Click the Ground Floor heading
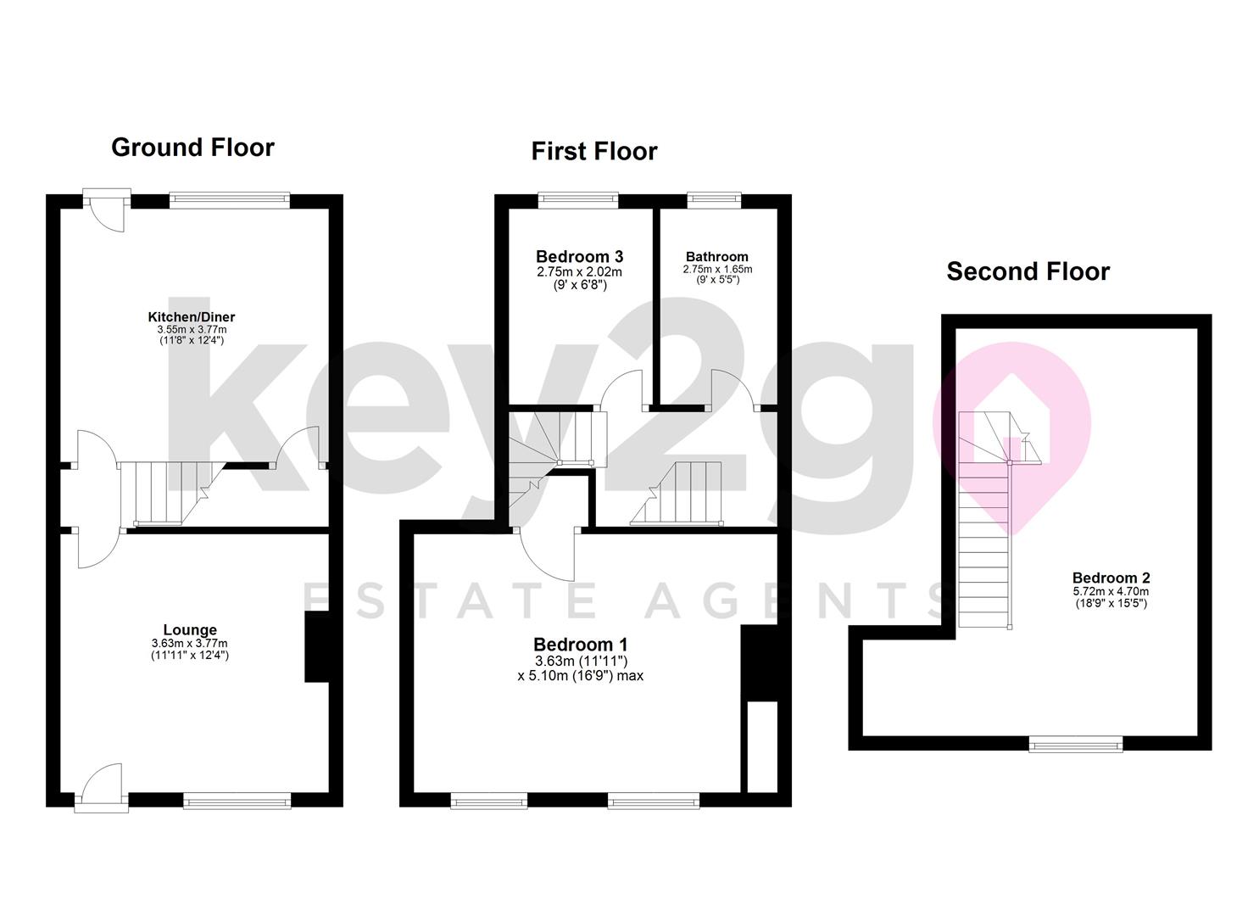click(192, 148)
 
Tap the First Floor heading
click(593, 151)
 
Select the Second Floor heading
click(1028, 271)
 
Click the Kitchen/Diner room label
click(192, 316)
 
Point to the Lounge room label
click(190, 629)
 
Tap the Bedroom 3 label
click(579, 256)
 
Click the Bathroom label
click(716, 256)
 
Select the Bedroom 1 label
click(580, 645)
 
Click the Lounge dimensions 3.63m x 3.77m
click(190, 643)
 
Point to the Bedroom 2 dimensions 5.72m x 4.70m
click(1111, 591)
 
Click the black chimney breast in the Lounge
click(316, 646)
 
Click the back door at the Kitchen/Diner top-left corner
click(106, 209)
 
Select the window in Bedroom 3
click(578, 200)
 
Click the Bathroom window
click(714, 200)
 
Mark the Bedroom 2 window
click(1075, 744)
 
